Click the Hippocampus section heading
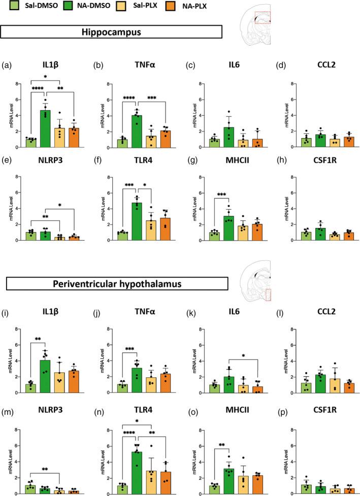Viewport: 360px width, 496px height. pos(112,31)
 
